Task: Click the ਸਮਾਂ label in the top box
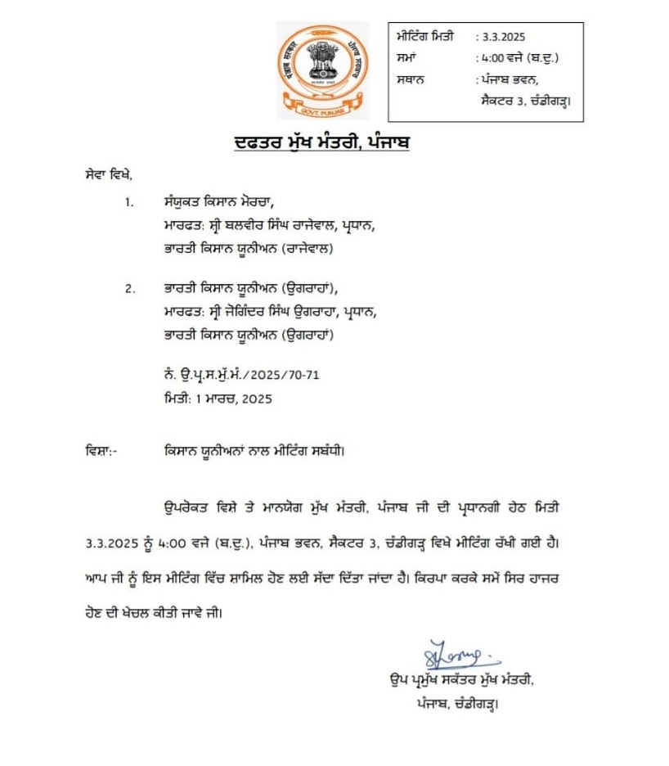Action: [407, 58]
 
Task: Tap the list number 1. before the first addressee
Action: [128, 201]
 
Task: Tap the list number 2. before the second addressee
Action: [128, 289]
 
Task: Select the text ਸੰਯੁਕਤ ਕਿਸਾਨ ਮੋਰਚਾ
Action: [216, 201]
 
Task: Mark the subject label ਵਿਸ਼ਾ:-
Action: [101, 451]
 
